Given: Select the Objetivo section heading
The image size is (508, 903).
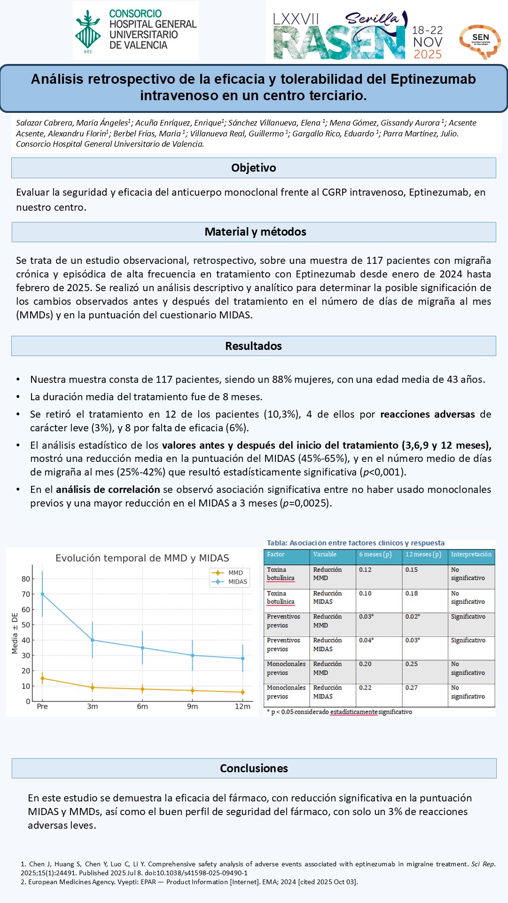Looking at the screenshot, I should tap(253, 168).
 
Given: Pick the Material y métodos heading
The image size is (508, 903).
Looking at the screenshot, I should tap(255, 232).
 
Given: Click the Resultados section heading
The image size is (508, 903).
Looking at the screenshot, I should tap(253, 346).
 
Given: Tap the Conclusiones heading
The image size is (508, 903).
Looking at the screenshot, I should tap(254, 768).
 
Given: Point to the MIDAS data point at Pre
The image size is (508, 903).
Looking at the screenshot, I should tap(42, 594).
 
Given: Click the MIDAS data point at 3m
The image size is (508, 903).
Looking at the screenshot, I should tap(93, 640).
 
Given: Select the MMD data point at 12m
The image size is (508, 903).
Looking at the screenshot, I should tap(242, 692).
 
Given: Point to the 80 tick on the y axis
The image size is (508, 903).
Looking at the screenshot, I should tap(26, 579).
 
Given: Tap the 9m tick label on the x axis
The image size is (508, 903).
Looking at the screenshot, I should tap(192, 706).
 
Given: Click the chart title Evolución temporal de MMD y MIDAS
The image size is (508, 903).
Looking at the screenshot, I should tap(142, 558).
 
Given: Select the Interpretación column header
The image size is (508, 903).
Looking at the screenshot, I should tap(471, 554).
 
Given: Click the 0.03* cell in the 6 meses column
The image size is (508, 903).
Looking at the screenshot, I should tap(367, 617).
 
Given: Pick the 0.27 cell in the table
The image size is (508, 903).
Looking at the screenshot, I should tap(412, 688).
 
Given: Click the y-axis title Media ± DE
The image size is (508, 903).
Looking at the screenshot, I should tap(15, 633).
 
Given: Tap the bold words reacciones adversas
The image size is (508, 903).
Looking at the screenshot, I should tap(427, 414).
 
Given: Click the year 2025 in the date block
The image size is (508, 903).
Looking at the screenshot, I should tap(427, 54).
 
